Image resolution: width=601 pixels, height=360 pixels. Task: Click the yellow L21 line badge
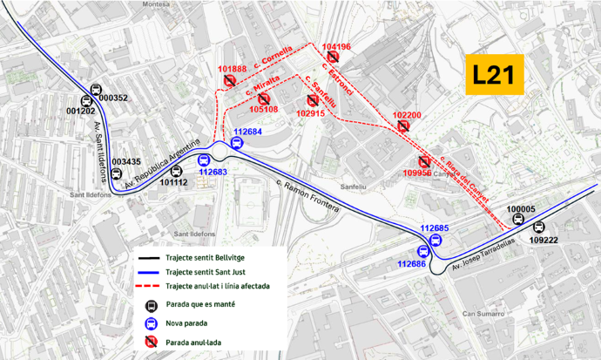click(x=492, y=76)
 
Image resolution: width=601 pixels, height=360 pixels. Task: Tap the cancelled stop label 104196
click(x=336, y=46)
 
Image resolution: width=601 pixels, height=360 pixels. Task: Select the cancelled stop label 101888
click(x=232, y=69)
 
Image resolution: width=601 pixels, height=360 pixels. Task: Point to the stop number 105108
click(x=263, y=110)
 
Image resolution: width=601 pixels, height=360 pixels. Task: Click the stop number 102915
click(x=310, y=113)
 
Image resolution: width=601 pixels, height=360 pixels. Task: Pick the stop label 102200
click(x=407, y=115)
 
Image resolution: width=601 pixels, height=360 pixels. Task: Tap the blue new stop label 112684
click(x=246, y=132)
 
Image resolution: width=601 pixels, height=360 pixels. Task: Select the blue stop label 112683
click(x=213, y=173)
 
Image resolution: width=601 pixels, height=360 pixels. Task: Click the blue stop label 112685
click(x=434, y=228)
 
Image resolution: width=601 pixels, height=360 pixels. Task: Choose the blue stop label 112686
click(x=411, y=263)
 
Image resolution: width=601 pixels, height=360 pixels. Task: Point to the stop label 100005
click(x=521, y=209)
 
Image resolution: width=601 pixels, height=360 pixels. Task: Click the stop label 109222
click(x=544, y=239)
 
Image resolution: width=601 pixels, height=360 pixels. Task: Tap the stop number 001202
click(x=80, y=112)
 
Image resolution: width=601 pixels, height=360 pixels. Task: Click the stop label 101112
click(x=173, y=182)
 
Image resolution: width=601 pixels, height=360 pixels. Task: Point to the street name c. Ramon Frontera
click(x=309, y=191)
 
